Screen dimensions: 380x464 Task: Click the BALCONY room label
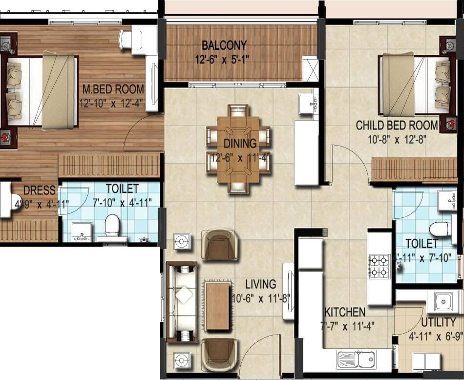pyautogui.click(x=224, y=45)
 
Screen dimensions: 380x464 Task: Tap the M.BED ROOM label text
pyautogui.click(x=113, y=89)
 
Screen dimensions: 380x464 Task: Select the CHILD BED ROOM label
pyautogui.click(x=391, y=126)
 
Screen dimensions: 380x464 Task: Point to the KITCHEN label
pyautogui.click(x=345, y=312)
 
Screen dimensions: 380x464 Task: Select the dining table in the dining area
pyautogui.click(x=238, y=149)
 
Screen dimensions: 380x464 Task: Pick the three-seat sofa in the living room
pyautogui.click(x=182, y=301)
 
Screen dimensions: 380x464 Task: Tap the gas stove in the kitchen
pyautogui.click(x=379, y=266)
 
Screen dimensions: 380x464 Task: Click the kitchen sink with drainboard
pyautogui.click(x=356, y=359)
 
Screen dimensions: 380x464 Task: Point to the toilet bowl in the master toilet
pyautogui.click(x=112, y=226)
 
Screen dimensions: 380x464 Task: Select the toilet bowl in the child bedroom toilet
pyautogui.click(x=442, y=229)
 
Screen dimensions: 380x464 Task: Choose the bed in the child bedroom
pyautogui.click(x=415, y=86)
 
